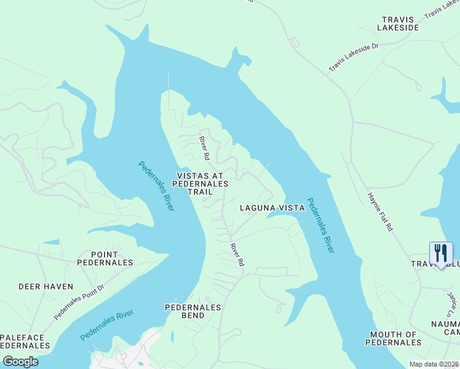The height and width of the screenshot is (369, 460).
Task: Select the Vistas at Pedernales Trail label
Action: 200,183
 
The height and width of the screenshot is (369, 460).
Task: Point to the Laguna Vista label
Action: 272,208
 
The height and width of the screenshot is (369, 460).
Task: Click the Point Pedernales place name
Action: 105,258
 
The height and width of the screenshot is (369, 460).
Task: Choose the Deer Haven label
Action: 46,287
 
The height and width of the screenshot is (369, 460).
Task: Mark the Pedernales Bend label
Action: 193,311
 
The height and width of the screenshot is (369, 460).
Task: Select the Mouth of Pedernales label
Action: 394,338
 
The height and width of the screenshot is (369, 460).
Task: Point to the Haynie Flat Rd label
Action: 380,211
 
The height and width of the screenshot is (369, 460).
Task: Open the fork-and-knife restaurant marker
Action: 441,253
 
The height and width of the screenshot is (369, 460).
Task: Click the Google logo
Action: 20,362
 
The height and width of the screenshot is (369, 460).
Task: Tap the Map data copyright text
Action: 434,364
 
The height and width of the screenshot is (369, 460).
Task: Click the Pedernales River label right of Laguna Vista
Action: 320,225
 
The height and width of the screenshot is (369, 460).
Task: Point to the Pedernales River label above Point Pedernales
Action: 156,186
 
